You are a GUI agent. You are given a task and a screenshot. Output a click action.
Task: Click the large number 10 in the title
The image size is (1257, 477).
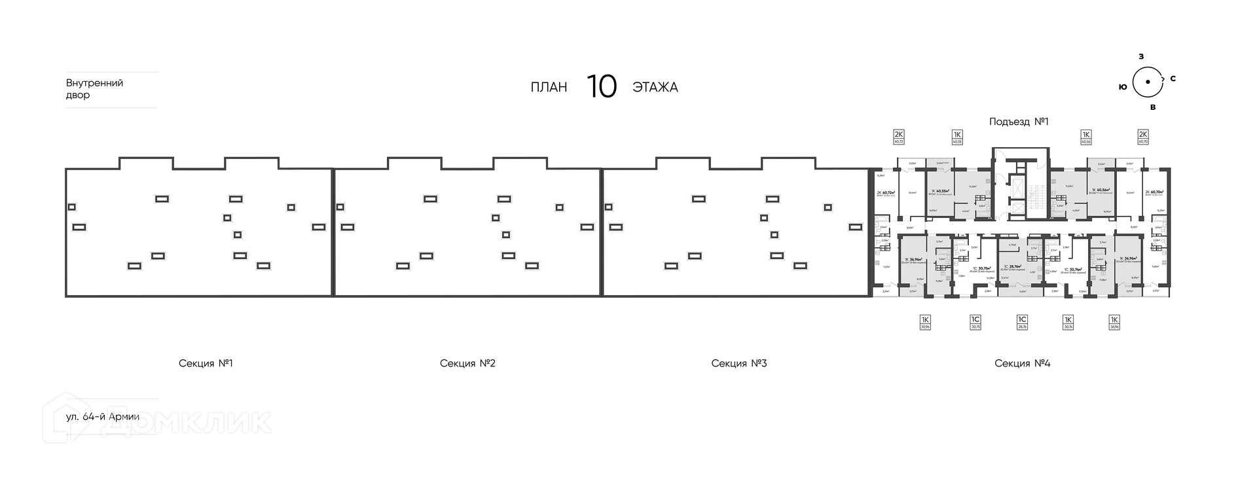click(x=601, y=87)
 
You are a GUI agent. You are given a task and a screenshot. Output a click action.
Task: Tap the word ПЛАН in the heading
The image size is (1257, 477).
click(x=549, y=88)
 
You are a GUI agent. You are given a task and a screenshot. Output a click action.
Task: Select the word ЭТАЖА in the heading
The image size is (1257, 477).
click(x=655, y=88)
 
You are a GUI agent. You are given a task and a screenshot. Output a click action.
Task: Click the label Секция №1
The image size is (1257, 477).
click(x=206, y=363)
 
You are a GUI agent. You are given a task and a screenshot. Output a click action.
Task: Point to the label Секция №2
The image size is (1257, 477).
click(x=467, y=363)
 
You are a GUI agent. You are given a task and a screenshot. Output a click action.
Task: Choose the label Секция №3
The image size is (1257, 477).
click(x=738, y=363)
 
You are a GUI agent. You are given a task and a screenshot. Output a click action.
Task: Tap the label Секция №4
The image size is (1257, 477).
click(x=1022, y=363)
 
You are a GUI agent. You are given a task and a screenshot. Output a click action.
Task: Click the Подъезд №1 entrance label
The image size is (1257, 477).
click(x=1019, y=122)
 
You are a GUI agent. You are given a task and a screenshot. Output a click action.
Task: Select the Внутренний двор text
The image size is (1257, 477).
click(x=94, y=89)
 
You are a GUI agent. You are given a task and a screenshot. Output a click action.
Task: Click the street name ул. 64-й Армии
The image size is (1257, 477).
click(x=102, y=417)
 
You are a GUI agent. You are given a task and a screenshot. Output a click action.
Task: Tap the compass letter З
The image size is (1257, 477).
click(x=1141, y=57)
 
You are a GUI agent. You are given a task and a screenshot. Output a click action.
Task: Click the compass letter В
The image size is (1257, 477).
click(x=1152, y=107)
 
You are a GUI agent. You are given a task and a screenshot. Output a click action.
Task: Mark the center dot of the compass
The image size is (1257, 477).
click(x=1146, y=82)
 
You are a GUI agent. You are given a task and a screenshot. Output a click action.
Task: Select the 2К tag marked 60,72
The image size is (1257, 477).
click(x=899, y=137)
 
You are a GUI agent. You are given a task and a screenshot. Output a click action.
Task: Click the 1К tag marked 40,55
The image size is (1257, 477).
click(x=956, y=137)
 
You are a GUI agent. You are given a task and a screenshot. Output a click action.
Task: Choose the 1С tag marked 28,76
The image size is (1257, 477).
click(x=1022, y=321)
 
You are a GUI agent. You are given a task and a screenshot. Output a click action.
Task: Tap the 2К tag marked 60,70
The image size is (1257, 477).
click(x=1143, y=137)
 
